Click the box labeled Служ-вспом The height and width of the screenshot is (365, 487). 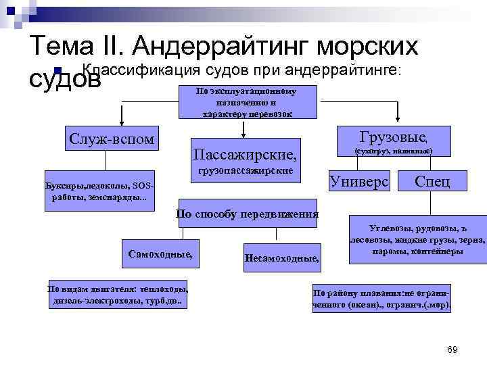[x=112, y=139]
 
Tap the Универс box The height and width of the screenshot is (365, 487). [x=358, y=181]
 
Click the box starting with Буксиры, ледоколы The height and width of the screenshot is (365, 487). [x=99, y=191]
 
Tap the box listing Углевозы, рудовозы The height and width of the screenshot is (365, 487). [x=417, y=240]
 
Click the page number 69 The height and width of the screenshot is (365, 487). [x=453, y=349]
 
